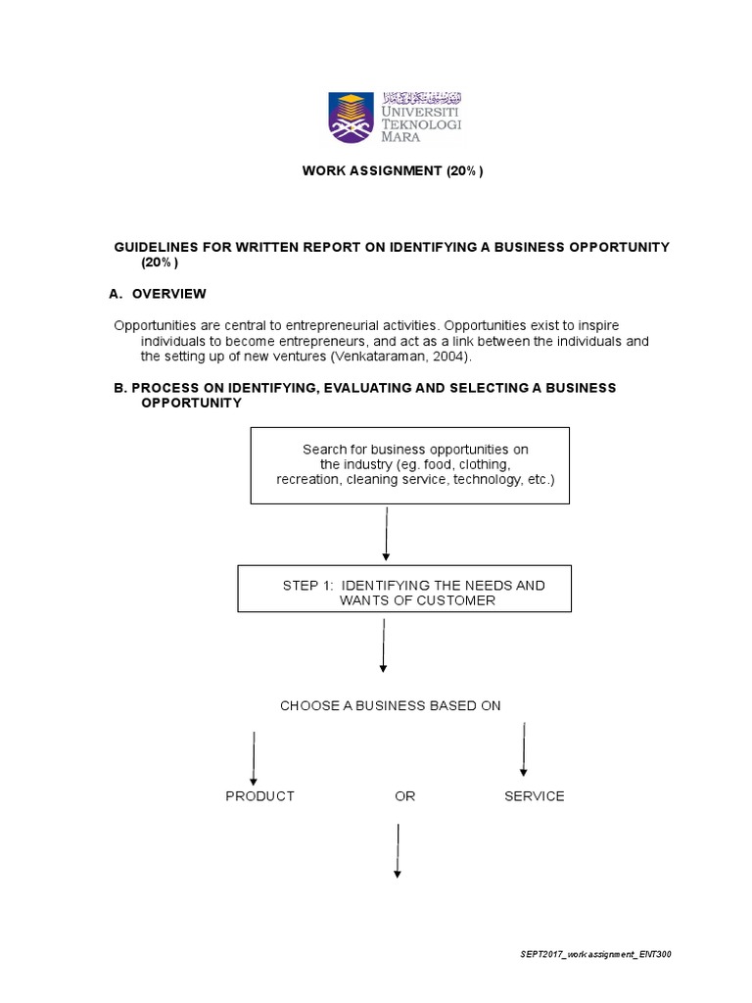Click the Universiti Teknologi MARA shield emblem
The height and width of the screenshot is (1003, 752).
tap(349, 117)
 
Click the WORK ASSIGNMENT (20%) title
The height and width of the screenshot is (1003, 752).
tap(393, 171)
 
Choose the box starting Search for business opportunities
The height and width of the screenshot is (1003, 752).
tap(409, 465)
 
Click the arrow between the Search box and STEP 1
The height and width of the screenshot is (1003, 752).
tap(387, 534)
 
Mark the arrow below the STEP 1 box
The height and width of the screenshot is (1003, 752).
tap(383, 645)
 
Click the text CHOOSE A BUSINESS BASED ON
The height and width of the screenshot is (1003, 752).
tap(390, 705)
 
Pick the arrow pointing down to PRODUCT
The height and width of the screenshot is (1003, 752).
tap(254, 757)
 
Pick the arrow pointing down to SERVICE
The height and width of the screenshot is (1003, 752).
tap(524, 749)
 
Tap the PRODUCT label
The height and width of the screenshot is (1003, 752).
tap(259, 796)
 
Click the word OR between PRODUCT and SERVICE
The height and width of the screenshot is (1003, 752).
tap(404, 796)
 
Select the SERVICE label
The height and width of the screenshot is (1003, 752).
tap(534, 796)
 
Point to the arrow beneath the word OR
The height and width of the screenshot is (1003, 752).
tap(398, 850)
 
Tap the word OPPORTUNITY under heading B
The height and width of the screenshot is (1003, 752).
tap(191, 404)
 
